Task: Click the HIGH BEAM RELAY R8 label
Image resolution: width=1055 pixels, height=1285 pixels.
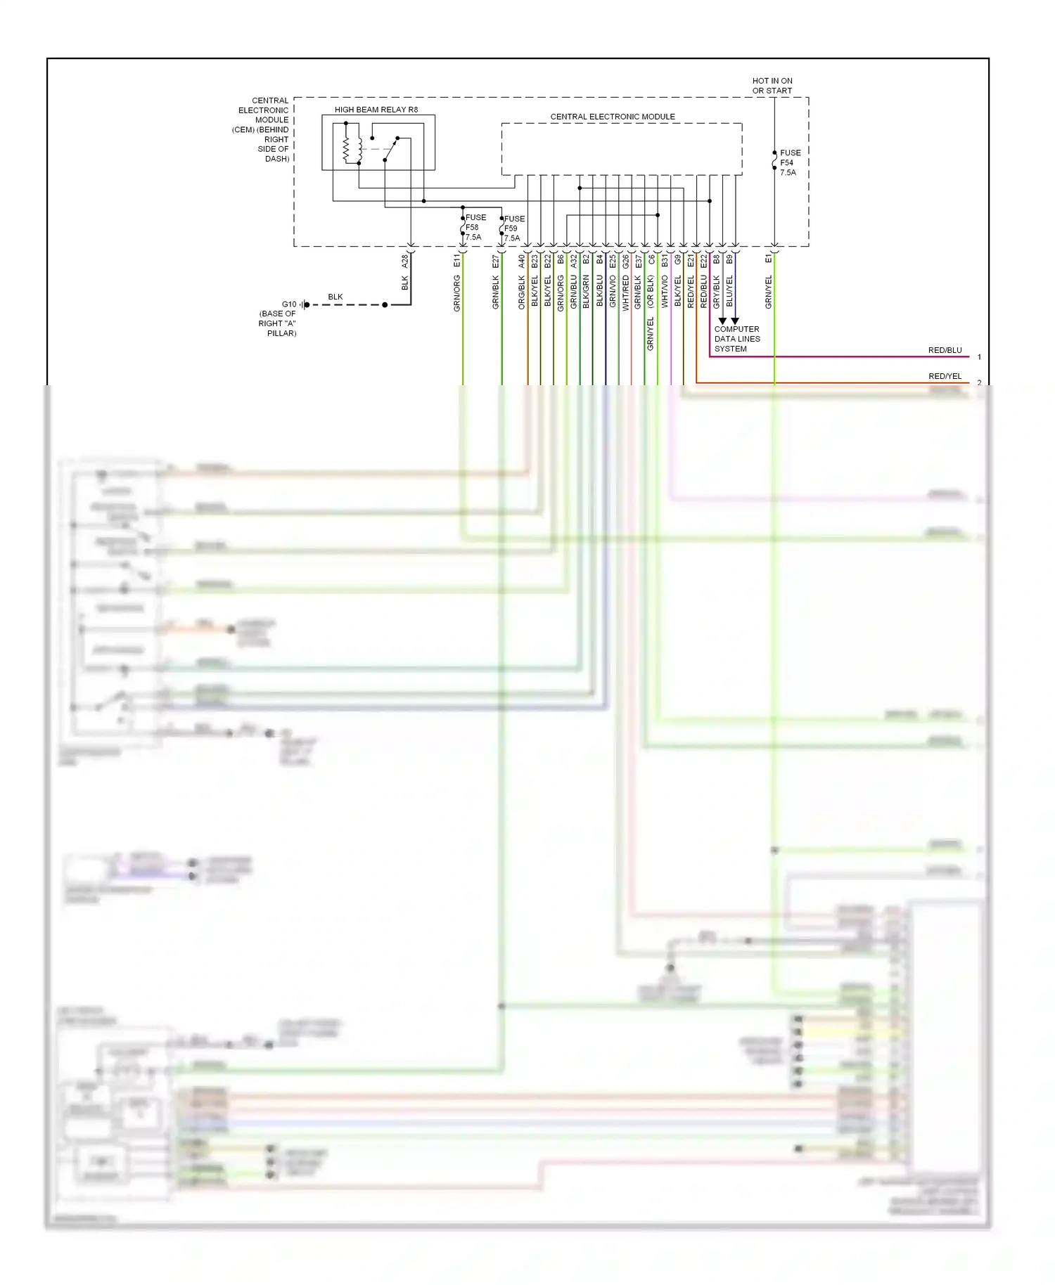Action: pyautogui.click(x=376, y=110)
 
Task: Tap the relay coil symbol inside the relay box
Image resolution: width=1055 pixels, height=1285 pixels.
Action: pyautogui.click(x=347, y=149)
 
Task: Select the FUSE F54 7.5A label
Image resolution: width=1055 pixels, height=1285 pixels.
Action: pyautogui.click(x=789, y=162)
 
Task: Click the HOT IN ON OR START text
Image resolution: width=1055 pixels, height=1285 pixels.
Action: pyautogui.click(x=772, y=86)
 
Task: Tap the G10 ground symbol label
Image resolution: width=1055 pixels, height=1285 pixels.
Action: pyautogui.click(x=289, y=304)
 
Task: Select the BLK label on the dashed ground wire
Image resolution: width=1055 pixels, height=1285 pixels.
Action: pyautogui.click(x=335, y=297)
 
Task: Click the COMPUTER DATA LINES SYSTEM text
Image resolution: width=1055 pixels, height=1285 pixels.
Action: pyautogui.click(x=736, y=339)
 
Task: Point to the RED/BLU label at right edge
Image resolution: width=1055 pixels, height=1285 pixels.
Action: pyautogui.click(x=945, y=350)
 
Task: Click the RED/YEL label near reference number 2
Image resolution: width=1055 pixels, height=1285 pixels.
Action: pyautogui.click(x=945, y=376)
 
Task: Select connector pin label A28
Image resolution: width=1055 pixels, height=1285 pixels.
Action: pyautogui.click(x=405, y=261)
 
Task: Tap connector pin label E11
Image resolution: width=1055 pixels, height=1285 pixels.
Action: pyautogui.click(x=457, y=261)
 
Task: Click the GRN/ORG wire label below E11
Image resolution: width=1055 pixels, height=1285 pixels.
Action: pyautogui.click(x=457, y=293)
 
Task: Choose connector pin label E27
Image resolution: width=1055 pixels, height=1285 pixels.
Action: pyautogui.click(x=496, y=261)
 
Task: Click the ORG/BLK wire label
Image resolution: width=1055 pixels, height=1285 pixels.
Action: pyautogui.click(x=522, y=292)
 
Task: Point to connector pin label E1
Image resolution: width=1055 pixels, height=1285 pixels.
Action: pyautogui.click(x=769, y=259)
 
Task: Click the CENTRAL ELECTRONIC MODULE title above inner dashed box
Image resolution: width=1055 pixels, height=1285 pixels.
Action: pyautogui.click(x=612, y=117)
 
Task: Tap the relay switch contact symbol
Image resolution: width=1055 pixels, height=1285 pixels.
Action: pyautogui.click(x=390, y=148)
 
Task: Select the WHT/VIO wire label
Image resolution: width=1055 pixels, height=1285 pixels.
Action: pyautogui.click(x=665, y=292)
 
